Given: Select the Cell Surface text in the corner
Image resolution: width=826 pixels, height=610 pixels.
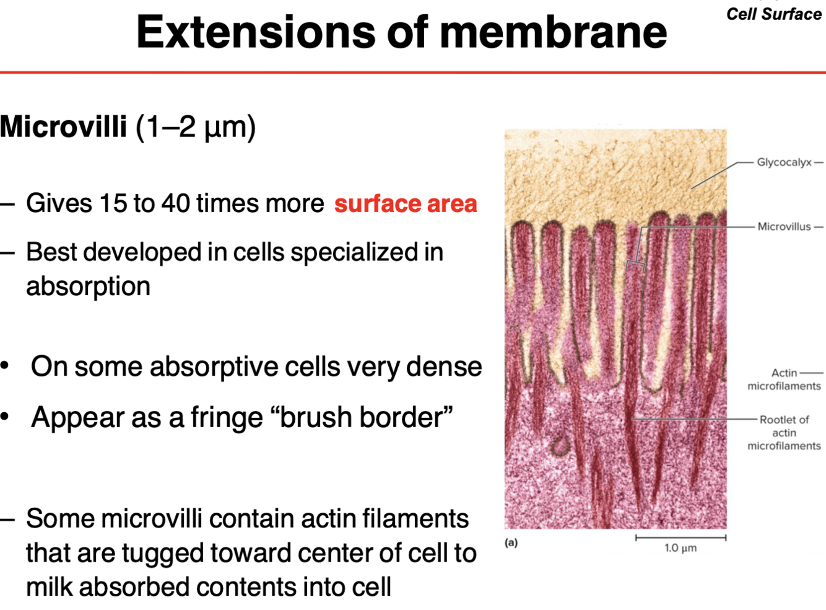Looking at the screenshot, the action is point(773,14).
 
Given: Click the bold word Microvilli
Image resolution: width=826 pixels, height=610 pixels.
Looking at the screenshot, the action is point(63,127).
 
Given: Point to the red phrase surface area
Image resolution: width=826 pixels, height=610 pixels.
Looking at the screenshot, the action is point(406,204).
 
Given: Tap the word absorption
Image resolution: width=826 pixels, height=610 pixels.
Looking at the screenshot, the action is point(88,286).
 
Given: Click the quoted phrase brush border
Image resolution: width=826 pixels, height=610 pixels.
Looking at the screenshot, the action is point(366,417).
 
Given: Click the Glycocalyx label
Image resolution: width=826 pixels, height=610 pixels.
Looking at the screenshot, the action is point(784,162).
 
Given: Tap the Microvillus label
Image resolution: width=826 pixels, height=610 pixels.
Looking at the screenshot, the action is point(784,227).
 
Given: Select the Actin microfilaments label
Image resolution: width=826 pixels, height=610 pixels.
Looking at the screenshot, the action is point(784,379).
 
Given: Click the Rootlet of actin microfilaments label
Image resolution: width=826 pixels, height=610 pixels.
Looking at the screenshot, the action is point(784,433).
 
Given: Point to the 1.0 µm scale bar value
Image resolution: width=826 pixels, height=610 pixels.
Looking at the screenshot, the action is point(680,548).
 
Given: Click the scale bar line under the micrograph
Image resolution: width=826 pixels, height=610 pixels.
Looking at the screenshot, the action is point(680,537).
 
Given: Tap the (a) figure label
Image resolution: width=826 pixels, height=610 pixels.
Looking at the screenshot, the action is point(511,542).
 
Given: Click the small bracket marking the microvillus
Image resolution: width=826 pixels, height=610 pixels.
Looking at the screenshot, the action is point(635,265).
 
